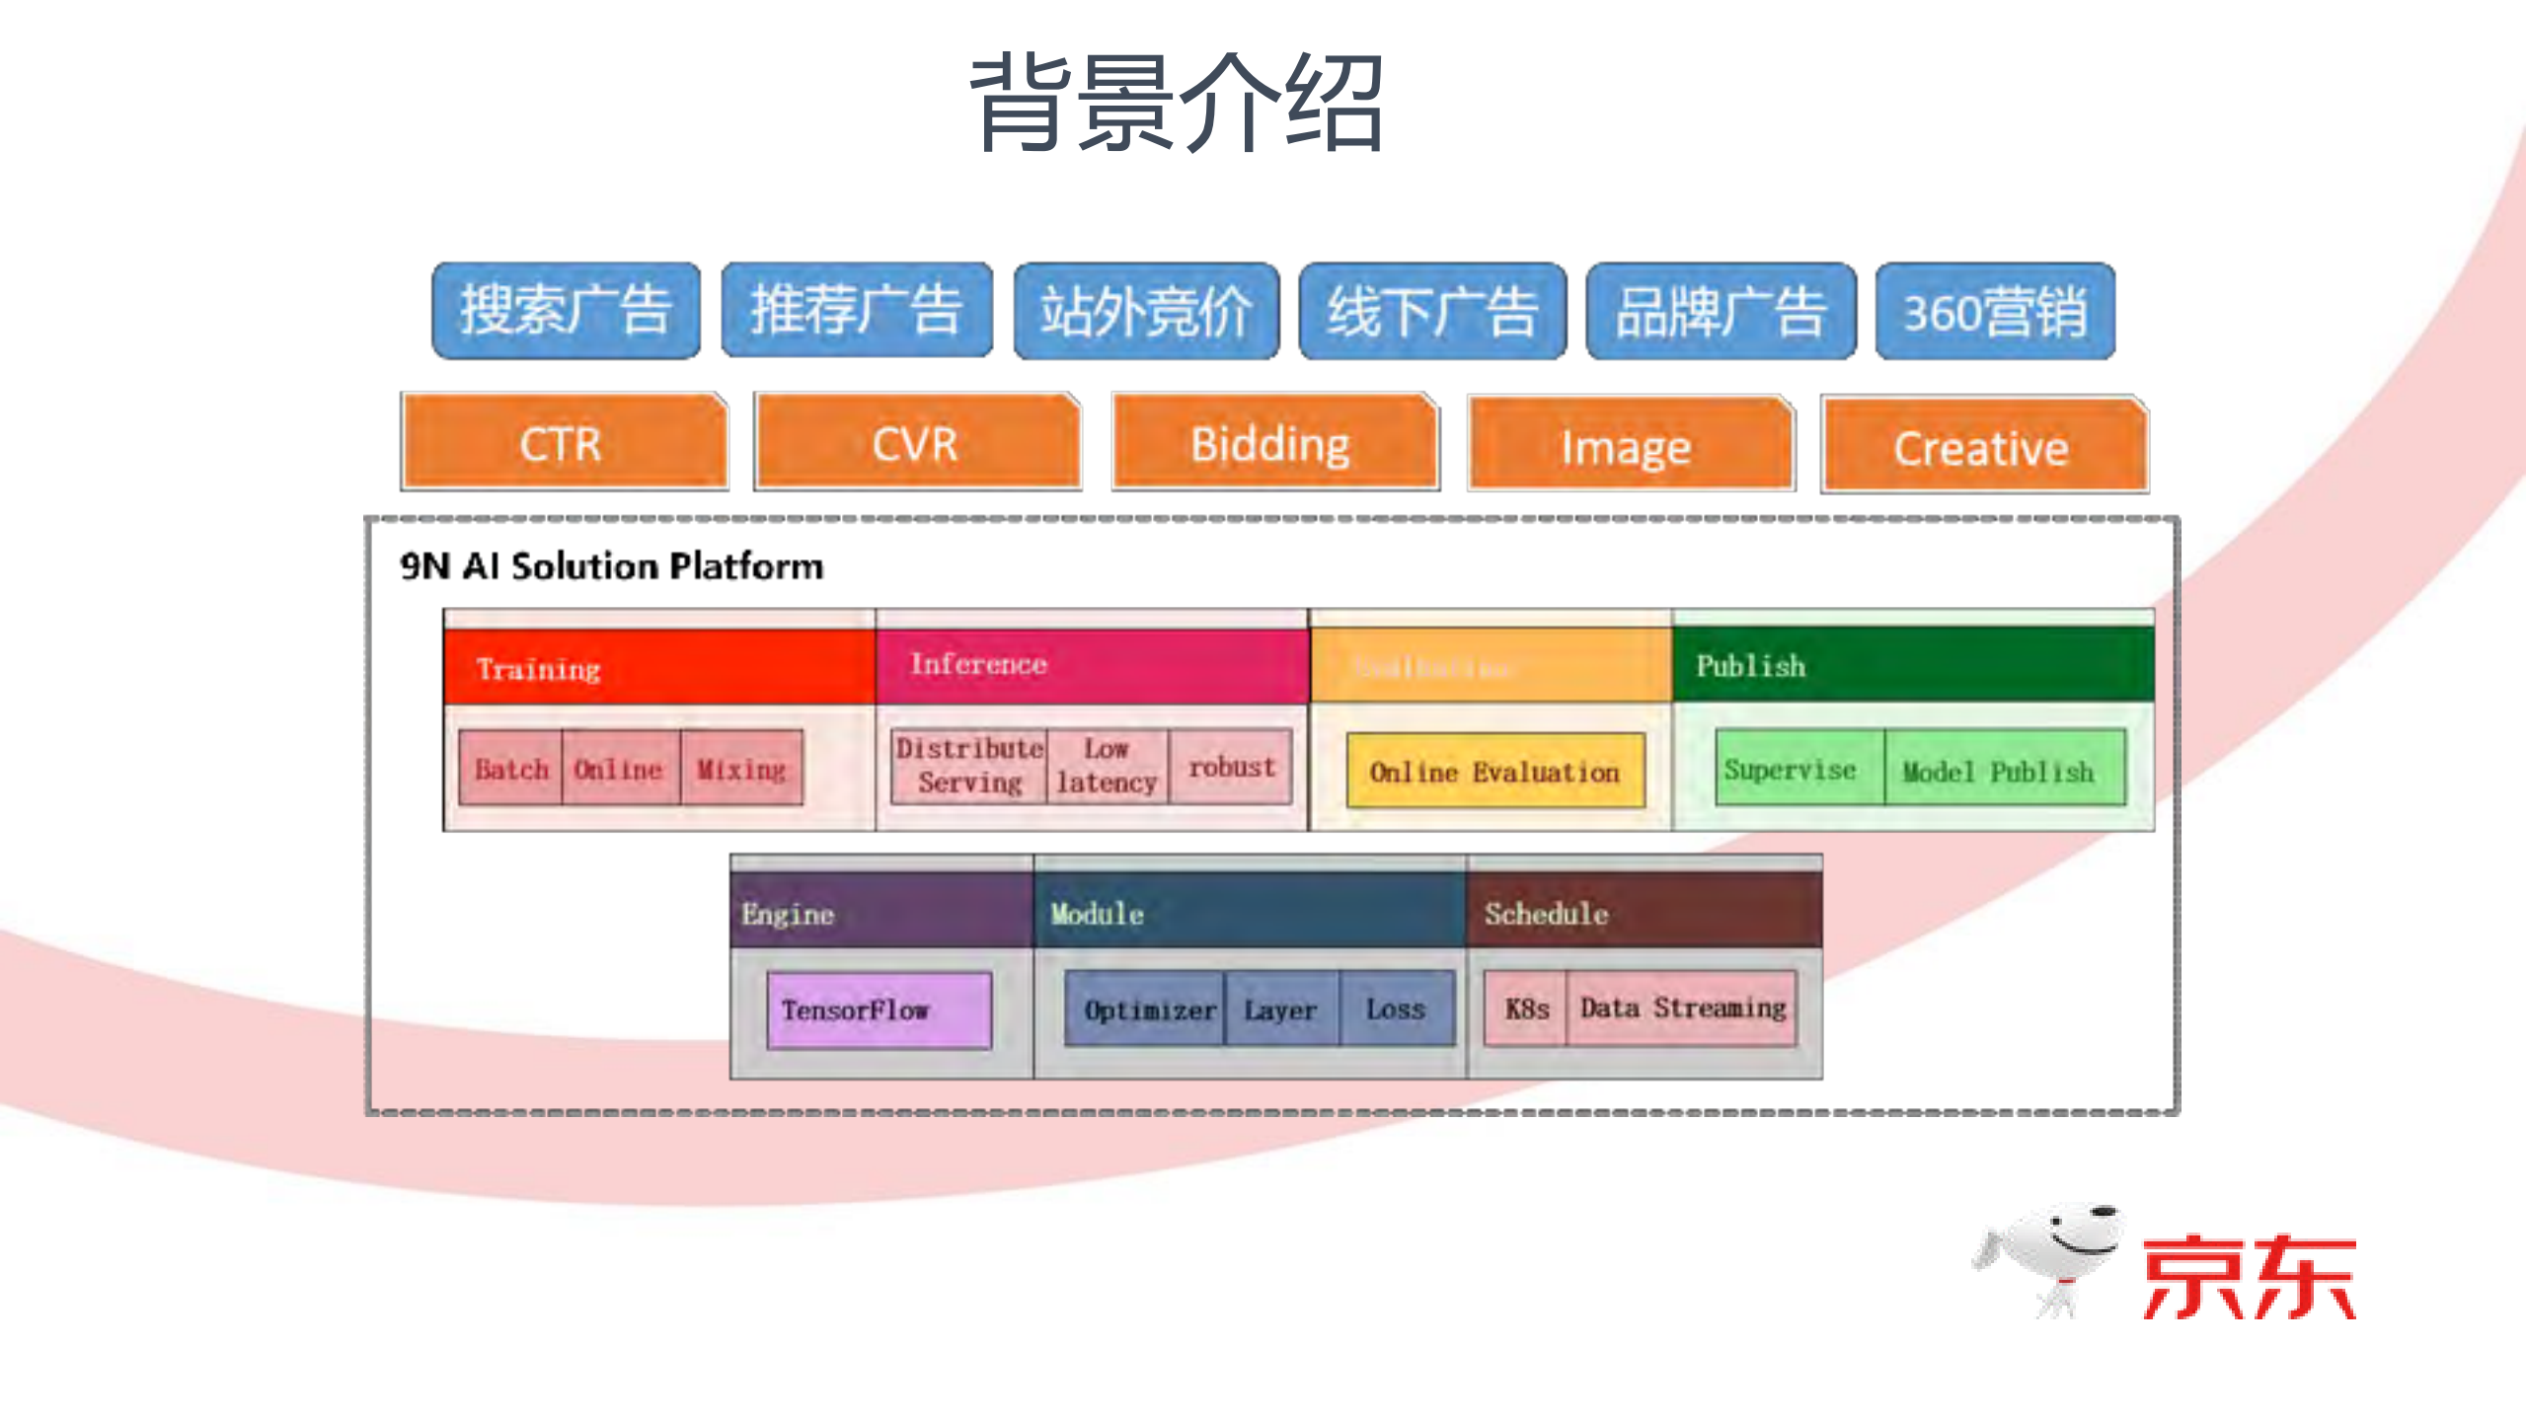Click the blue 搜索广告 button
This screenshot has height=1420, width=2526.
566,311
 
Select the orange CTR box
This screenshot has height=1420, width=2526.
563,443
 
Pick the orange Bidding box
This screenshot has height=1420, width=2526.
1273,443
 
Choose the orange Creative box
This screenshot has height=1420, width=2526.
1982,447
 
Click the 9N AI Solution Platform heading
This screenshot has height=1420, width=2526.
611,566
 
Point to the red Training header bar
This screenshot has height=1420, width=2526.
658,668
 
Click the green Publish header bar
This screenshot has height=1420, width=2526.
1912,665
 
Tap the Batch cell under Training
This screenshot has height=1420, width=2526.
511,769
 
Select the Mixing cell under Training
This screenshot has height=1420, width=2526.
741,769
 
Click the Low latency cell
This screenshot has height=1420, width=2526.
1107,766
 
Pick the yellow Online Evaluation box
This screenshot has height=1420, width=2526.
1494,772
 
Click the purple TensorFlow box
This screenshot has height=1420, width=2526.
878,1009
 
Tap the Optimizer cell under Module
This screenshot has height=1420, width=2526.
1147,1009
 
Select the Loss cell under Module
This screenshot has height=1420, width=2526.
1396,1009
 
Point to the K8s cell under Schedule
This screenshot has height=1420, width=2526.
1526,1009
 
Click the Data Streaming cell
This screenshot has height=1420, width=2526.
1682,1008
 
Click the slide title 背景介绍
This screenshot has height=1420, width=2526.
1177,104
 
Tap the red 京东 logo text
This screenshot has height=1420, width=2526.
2249,1277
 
